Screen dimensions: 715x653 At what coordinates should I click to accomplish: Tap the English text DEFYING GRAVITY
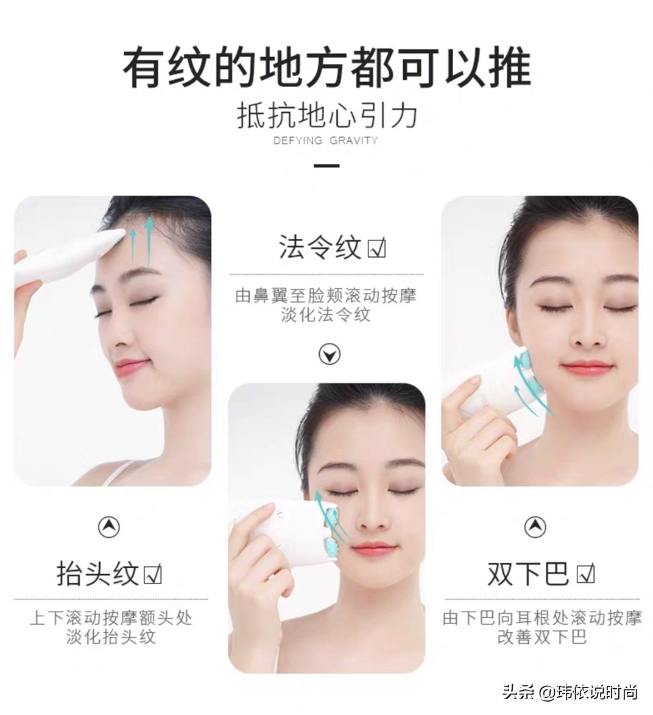tap(326, 140)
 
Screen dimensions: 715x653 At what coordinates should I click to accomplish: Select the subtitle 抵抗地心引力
tap(326, 114)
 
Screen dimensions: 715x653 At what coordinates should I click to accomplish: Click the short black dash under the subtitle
tap(326, 165)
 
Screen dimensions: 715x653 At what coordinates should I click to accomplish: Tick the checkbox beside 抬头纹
tap(152, 574)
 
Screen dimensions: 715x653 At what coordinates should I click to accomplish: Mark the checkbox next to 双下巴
tap(585, 574)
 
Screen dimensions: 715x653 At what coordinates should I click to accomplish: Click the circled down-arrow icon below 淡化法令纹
tap(330, 354)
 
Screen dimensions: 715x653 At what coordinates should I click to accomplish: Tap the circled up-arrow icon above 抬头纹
tap(109, 527)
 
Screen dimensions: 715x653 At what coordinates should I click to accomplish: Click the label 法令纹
tap(320, 247)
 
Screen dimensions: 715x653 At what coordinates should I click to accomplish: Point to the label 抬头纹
tap(97, 574)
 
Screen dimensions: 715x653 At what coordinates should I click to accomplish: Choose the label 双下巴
tap(528, 574)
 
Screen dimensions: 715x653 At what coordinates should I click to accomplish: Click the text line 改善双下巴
tap(542, 637)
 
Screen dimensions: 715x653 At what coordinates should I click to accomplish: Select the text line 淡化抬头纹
tap(111, 637)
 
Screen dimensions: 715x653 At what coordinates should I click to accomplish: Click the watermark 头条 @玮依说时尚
tap(570, 692)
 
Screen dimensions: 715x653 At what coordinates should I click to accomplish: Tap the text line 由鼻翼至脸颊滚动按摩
tap(326, 296)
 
